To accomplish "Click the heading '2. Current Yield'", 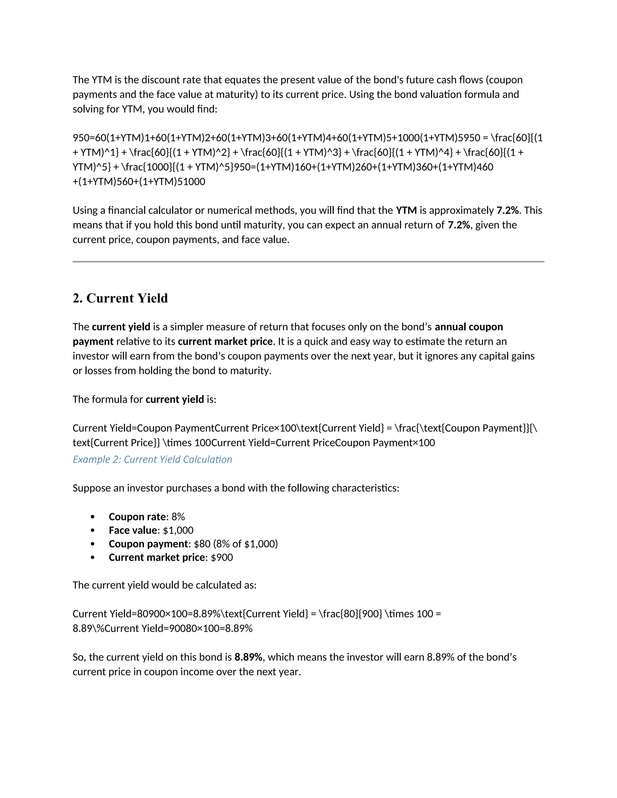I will pyautogui.click(x=120, y=298).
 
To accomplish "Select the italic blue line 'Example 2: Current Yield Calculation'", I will pyautogui.click(x=152, y=459).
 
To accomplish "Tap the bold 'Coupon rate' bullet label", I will pyautogui.click(x=137, y=517).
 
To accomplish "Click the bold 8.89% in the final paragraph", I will pyautogui.click(x=248, y=657).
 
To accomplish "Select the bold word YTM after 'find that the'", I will pyautogui.click(x=406, y=210).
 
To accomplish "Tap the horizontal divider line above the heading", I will pyautogui.click(x=308, y=262).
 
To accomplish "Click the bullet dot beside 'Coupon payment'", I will pyautogui.click(x=92, y=544).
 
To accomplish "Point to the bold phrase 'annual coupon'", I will pyautogui.click(x=468, y=327).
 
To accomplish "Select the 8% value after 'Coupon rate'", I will pyautogui.click(x=178, y=517).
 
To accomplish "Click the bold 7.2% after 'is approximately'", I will pyautogui.click(x=507, y=210).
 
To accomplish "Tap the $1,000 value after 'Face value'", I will pyautogui.click(x=178, y=530).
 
